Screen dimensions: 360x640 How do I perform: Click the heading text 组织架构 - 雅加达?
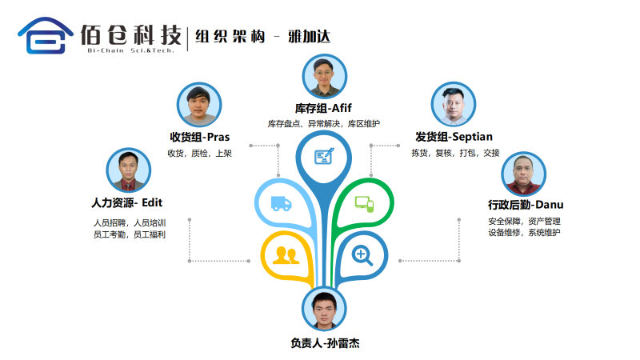(x=263, y=36)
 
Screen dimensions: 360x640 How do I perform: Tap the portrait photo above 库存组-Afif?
(x=325, y=77)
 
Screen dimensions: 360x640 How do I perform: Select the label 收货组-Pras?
(x=200, y=137)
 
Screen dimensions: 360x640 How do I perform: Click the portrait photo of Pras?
(x=198, y=105)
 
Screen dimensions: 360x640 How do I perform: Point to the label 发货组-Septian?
(x=454, y=136)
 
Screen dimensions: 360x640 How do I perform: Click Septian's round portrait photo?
(x=454, y=104)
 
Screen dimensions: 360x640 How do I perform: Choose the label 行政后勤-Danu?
(x=525, y=204)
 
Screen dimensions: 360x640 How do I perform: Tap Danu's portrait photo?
(x=523, y=174)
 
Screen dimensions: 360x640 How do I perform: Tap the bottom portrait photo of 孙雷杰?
(x=325, y=311)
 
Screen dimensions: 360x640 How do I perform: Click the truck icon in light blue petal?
(x=281, y=203)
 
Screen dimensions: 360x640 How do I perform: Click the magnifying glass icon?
(x=363, y=255)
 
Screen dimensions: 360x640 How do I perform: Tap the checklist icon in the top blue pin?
(x=324, y=155)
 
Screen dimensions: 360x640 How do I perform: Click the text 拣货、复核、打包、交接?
(x=454, y=153)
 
